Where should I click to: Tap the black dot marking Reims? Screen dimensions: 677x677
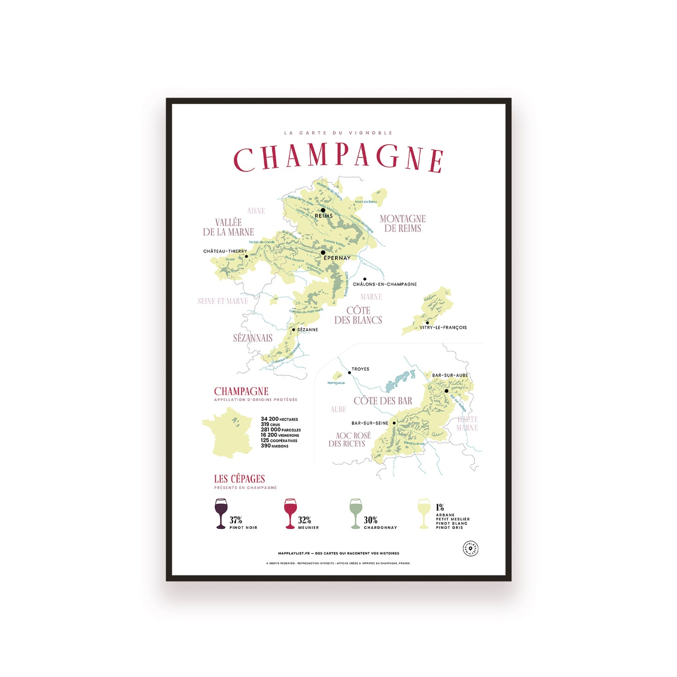pos(323,210)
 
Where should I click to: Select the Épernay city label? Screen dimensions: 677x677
pos(337,258)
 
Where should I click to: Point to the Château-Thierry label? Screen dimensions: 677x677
pos(225,251)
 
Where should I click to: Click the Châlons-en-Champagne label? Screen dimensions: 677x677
pos(385,284)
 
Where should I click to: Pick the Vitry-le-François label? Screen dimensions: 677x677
pos(443,327)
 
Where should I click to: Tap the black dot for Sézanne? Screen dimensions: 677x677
pos(294,329)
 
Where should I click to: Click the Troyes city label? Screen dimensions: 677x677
pos(360,369)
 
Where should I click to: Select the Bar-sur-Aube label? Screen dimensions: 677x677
pos(450,375)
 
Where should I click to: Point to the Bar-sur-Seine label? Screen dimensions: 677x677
pos(370,423)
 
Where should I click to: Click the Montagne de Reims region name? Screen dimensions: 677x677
pos(402,223)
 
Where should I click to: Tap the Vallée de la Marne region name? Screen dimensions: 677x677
pos(228,227)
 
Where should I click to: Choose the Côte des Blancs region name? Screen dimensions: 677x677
pos(358,315)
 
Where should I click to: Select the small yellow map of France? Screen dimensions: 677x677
pos(228,432)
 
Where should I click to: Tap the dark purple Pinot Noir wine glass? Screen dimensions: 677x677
pos(221,513)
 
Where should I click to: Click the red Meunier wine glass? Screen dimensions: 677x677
pos(290,513)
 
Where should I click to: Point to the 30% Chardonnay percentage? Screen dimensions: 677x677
pos(371,520)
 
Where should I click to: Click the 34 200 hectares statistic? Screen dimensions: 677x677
pos(279,419)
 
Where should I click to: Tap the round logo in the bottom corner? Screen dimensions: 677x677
pos(470,549)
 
